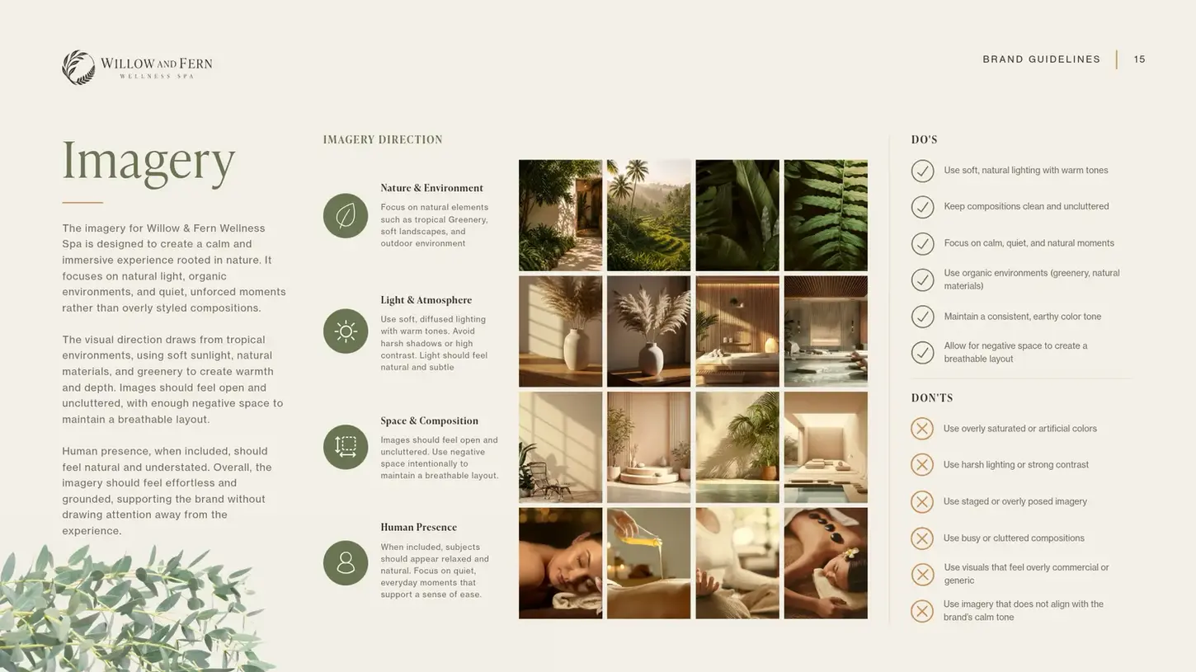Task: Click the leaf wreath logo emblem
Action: (x=78, y=68)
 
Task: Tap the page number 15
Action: (x=1139, y=59)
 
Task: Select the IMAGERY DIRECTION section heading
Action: (x=383, y=140)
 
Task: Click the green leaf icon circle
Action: (x=346, y=216)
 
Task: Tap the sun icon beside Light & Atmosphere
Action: (x=346, y=331)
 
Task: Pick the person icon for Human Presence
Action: (x=346, y=563)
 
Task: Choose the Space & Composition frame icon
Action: (x=346, y=447)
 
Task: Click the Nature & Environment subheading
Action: (x=431, y=188)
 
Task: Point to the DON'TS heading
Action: (x=932, y=397)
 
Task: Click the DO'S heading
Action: (x=925, y=140)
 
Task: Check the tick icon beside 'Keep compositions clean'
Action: (x=922, y=207)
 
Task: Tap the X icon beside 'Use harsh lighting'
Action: (x=922, y=465)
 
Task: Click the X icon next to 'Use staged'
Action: (x=922, y=501)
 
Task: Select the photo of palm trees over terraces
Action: (x=648, y=215)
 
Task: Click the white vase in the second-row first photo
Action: (x=577, y=350)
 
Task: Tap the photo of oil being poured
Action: (x=648, y=563)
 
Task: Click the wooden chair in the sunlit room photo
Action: (x=547, y=482)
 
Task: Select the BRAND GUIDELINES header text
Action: (x=1041, y=59)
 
